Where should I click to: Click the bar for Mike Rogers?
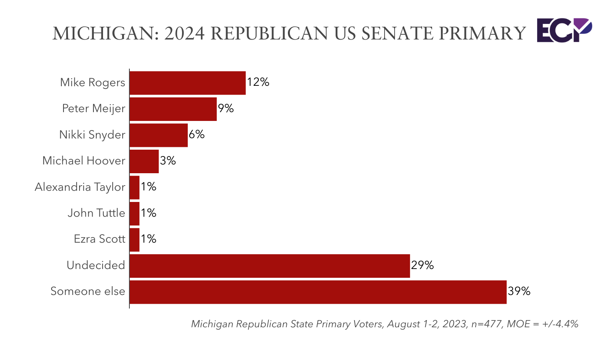pos(187,83)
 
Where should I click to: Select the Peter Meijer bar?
pos(173,109)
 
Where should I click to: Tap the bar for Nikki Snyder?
pos(159,135)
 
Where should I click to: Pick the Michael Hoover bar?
pos(144,161)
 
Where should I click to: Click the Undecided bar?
pos(270,266)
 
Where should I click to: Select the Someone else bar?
pos(318,292)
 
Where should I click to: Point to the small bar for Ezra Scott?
pos(135,239)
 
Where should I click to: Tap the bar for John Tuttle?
pos(135,214)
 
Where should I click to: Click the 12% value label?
pos(258,82)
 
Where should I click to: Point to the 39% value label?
pos(519,291)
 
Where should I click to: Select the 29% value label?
pos(422,265)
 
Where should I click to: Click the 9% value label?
pos(226,109)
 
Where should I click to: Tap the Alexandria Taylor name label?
pos(80,187)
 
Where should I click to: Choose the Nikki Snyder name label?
pos(92,135)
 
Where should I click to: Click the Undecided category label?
pos(96,265)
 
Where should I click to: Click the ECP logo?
pos(563,30)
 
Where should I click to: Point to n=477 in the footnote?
pos(486,324)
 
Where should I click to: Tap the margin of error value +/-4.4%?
pos(560,324)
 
